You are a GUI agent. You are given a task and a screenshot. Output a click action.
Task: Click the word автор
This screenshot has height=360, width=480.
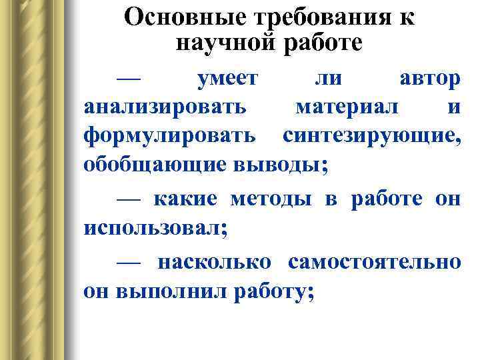coord(429,79)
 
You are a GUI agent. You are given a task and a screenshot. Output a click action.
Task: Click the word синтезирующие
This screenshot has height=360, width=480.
coord(371,135)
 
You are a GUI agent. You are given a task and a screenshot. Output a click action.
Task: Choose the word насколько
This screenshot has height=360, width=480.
coord(214,262)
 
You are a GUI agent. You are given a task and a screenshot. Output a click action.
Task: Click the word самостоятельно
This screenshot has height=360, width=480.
coord(374,262)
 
